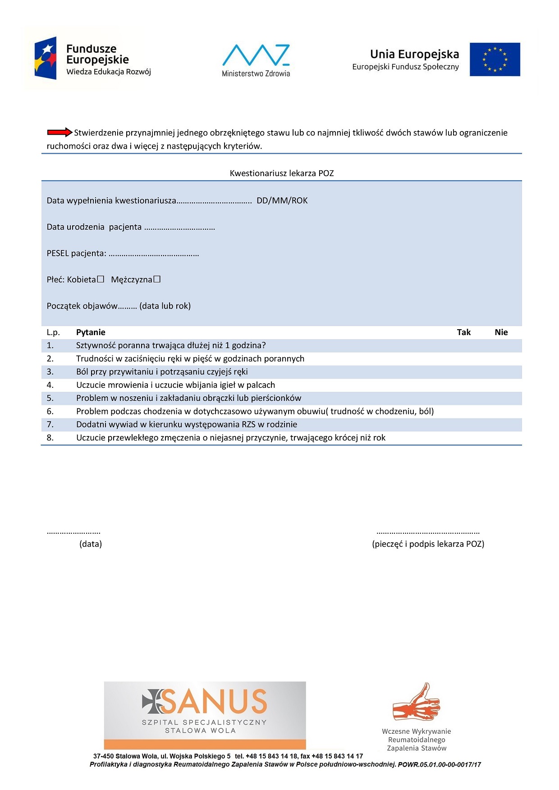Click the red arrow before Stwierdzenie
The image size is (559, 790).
(x=60, y=132)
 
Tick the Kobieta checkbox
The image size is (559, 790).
(x=101, y=279)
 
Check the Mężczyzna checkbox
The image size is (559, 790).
(x=157, y=279)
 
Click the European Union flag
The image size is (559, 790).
(x=495, y=59)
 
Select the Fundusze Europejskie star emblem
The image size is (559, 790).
(x=46, y=58)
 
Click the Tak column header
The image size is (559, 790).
(x=463, y=332)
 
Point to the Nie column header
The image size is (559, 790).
(x=501, y=332)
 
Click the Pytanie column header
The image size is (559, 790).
(x=91, y=332)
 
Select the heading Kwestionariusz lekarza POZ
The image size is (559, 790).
(x=282, y=173)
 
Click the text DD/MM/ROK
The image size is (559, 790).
(x=282, y=201)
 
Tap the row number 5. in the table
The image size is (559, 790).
(x=50, y=398)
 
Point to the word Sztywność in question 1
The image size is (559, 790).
(x=96, y=345)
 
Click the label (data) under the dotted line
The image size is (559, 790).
(x=91, y=544)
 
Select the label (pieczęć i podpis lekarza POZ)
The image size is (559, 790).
(x=428, y=544)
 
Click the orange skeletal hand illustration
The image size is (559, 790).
(x=416, y=703)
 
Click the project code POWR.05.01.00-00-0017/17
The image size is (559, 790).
(x=439, y=765)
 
